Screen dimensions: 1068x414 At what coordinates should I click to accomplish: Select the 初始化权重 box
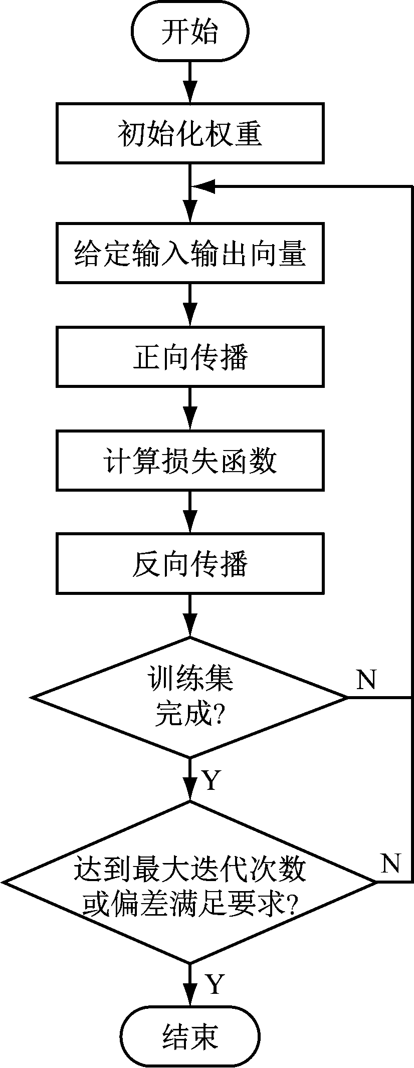tap(190, 133)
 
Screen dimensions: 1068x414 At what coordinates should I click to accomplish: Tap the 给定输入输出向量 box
tap(190, 253)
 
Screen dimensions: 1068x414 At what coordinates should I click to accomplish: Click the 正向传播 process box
tap(190, 356)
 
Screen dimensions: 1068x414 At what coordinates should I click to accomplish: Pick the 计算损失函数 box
tap(190, 460)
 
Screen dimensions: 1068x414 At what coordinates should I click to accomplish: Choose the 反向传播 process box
tap(190, 564)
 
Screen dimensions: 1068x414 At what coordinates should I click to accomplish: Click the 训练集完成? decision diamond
tap(190, 697)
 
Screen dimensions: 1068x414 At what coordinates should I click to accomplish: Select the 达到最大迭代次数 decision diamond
tap(190, 882)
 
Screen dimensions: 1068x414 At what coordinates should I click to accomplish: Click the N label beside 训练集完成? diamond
tap(366, 680)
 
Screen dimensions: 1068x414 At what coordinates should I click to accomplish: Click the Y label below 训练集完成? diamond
tap(211, 780)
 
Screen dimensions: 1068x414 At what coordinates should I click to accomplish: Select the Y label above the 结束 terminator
tap(214, 984)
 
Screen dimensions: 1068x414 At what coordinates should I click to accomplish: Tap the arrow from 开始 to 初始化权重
tap(190, 83)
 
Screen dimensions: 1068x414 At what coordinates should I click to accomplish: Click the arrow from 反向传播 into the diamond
tap(190, 616)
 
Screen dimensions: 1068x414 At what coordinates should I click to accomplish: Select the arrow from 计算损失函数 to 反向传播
tap(190, 512)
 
